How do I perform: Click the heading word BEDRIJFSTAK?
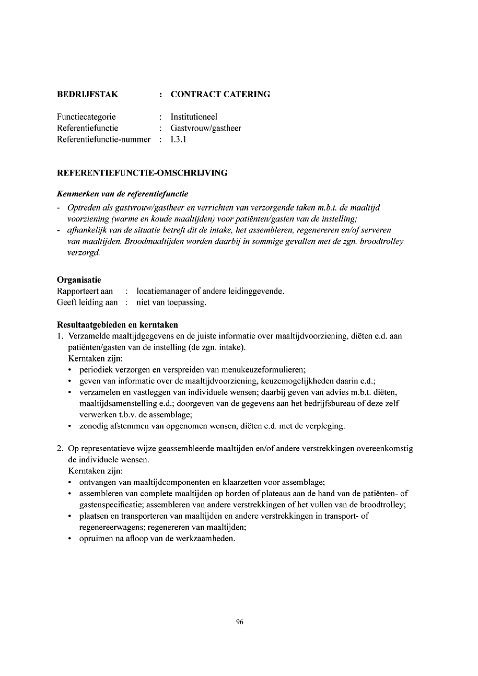(x=88, y=94)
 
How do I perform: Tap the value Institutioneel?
(x=194, y=117)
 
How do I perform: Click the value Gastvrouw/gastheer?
(x=206, y=128)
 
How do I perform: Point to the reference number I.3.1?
(x=178, y=139)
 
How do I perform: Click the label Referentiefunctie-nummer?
(x=104, y=139)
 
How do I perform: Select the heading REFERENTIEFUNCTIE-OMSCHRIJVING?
(x=142, y=173)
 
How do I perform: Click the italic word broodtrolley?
(x=384, y=241)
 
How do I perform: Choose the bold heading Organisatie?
(x=79, y=280)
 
